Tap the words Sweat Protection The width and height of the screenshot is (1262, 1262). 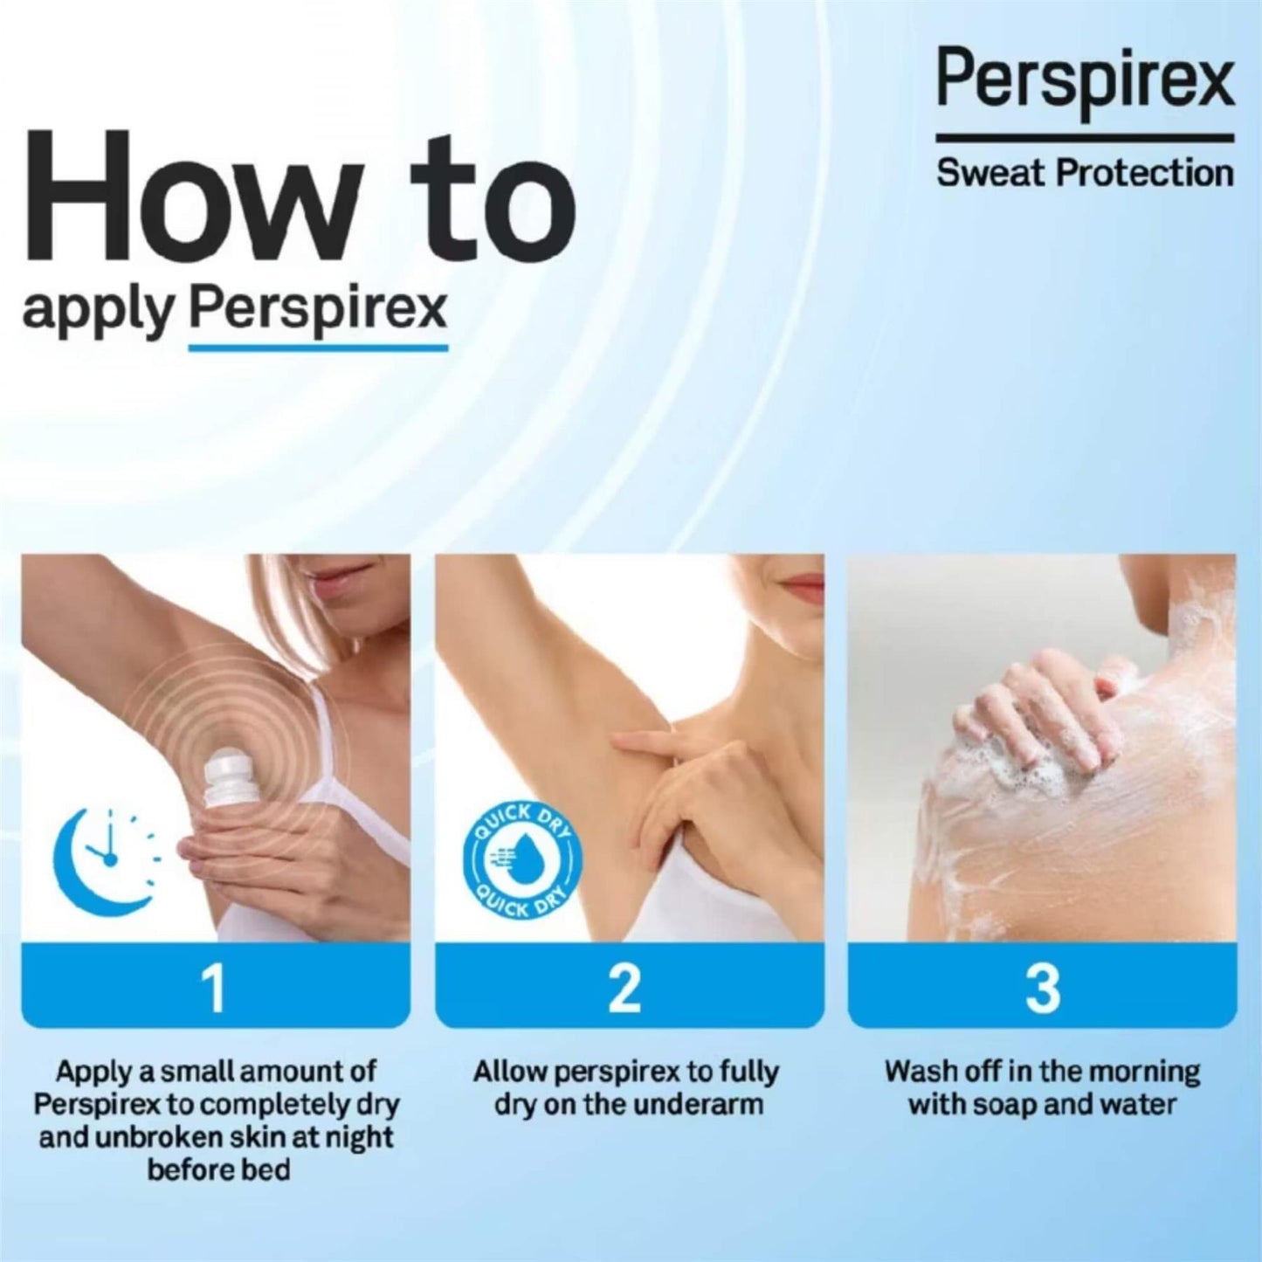click(1085, 173)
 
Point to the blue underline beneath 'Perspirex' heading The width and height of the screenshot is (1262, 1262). click(318, 348)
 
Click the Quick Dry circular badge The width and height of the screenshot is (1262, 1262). click(521, 860)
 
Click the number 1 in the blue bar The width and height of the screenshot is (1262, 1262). click(214, 987)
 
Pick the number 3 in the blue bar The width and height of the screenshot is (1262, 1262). click(1041, 987)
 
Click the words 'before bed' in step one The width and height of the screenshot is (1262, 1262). click(218, 1169)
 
